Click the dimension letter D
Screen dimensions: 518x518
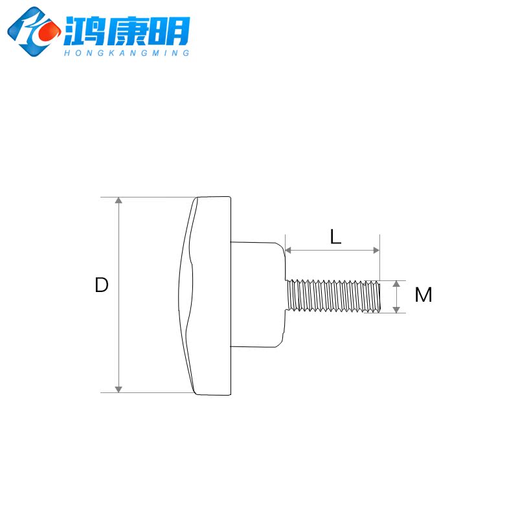pos(101,285)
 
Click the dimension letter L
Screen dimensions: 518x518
pos(335,237)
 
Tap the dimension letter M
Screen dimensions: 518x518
pos(423,295)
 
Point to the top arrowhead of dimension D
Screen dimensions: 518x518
pos(118,201)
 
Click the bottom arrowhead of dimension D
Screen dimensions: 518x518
pos(118,388)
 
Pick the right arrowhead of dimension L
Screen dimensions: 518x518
pos(375,250)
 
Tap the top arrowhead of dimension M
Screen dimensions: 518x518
pos(396,284)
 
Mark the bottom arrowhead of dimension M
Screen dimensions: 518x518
pos(396,309)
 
